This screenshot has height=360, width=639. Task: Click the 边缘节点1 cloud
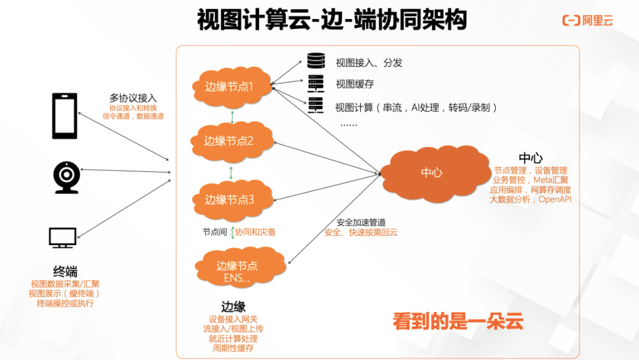(231, 86)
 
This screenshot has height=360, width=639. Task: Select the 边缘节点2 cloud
(231, 141)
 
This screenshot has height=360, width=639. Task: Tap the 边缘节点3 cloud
(231, 200)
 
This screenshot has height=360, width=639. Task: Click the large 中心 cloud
(432, 172)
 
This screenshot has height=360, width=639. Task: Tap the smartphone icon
(64, 115)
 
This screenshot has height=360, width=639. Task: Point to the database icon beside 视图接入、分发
(316, 62)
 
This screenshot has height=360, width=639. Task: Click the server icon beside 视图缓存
(316, 83)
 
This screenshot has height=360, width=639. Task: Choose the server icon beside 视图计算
(316, 107)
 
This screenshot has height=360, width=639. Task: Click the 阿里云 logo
(588, 21)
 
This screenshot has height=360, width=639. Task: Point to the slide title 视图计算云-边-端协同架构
(332, 20)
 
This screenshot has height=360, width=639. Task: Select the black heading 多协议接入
(133, 98)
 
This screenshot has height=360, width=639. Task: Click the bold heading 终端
(65, 272)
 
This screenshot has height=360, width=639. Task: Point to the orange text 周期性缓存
(233, 348)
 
